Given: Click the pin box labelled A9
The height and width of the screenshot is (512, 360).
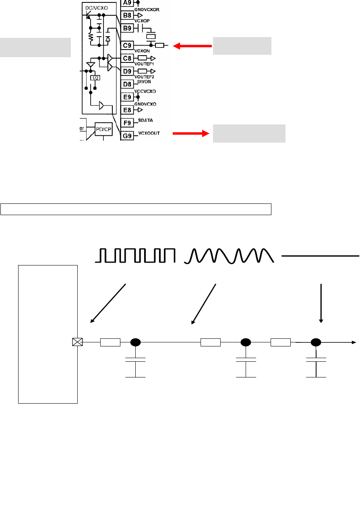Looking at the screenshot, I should (127, 3).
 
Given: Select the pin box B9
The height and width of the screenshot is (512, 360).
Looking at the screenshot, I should (127, 28).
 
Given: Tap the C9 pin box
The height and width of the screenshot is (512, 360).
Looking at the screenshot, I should (127, 46).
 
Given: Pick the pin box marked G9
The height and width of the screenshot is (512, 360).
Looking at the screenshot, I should (127, 136).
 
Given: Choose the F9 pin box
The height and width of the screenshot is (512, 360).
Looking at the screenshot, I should (127, 122).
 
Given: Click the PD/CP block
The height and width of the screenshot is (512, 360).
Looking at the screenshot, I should (104, 129).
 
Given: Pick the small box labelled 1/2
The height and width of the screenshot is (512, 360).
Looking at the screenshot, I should (95, 78).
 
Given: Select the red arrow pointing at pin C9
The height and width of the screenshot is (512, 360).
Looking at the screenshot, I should (192, 46).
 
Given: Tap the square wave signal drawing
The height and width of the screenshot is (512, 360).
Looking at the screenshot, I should (135, 256).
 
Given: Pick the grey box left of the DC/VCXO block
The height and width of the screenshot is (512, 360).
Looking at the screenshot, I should (35, 47).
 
